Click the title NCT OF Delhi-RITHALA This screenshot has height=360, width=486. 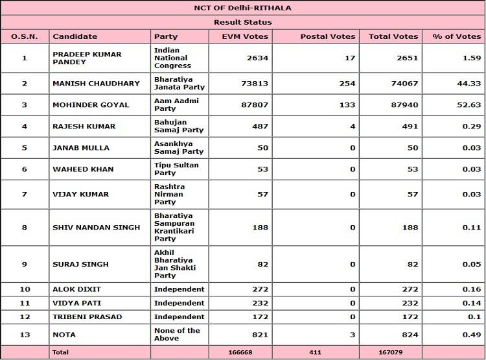243,8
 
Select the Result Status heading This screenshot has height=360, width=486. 243,22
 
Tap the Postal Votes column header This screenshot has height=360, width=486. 328,36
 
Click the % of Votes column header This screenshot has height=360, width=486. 456,36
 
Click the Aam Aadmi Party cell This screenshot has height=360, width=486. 176,104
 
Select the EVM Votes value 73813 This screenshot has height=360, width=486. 253,83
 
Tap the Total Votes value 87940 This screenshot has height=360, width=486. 402,104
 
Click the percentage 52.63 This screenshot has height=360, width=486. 467,104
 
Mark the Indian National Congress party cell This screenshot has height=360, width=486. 172,58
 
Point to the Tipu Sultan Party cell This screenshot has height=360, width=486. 176,169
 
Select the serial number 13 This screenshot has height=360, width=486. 25,335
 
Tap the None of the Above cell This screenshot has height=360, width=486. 177,335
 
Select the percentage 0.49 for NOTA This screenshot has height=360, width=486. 470,335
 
